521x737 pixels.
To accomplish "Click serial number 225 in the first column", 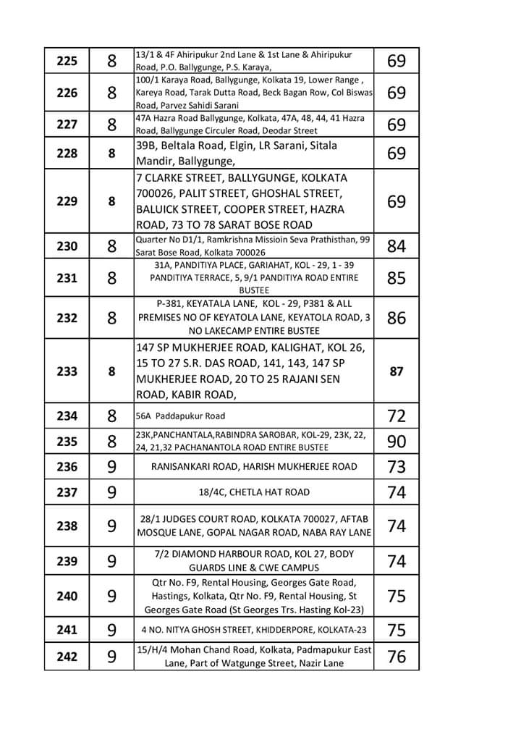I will pyautogui.click(x=67, y=62).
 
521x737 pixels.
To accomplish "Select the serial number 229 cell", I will pyautogui.click(x=67, y=201).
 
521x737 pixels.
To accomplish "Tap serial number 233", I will pyautogui.click(x=67, y=371).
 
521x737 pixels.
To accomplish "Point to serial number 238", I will pyautogui.click(x=67, y=526).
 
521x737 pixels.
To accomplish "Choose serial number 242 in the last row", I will pyautogui.click(x=67, y=657).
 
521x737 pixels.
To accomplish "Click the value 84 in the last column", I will pyautogui.click(x=397, y=246).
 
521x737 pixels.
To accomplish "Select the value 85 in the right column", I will pyautogui.click(x=397, y=277).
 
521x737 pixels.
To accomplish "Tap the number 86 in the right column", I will pyautogui.click(x=397, y=317).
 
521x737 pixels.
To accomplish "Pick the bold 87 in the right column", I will pyautogui.click(x=397, y=371).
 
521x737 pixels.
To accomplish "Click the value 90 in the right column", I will pyautogui.click(x=397, y=442).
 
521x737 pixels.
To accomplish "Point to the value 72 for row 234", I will pyautogui.click(x=397, y=416).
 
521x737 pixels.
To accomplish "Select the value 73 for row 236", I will pyautogui.click(x=397, y=467).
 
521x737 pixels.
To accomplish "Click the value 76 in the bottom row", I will pyautogui.click(x=397, y=657).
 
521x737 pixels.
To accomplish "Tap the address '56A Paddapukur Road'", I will pyautogui.click(x=180, y=416).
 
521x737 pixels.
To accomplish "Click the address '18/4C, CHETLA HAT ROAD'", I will pyautogui.click(x=254, y=492).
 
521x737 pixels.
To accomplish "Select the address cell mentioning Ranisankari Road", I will pyautogui.click(x=254, y=467).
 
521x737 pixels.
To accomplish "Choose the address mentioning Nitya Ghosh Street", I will pyautogui.click(x=254, y=629).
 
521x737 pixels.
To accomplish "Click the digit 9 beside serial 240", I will pyautogui.click(x=112, y=596).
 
